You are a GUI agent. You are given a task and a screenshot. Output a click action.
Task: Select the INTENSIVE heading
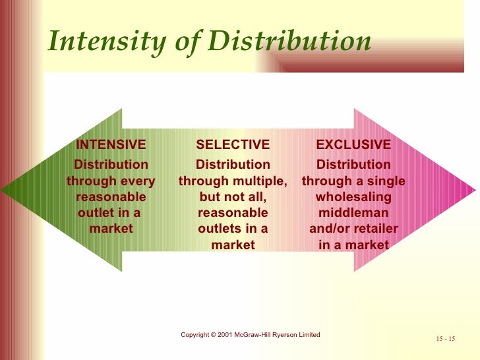(x=111, y=144)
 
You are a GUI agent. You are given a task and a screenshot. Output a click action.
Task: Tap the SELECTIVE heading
(x=233, y=144)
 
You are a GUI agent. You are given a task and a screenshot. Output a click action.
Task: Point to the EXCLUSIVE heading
(x=353, y=144)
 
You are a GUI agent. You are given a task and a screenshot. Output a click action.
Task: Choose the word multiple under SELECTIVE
(x=258, y=181)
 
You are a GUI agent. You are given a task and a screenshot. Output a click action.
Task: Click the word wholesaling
(x=353, y=197)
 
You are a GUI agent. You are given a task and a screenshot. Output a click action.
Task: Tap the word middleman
(x=353, y=213)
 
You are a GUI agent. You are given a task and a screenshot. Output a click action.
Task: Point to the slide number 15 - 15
(x=446, y=339)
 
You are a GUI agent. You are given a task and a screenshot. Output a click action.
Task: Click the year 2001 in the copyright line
(x=225, y=335)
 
